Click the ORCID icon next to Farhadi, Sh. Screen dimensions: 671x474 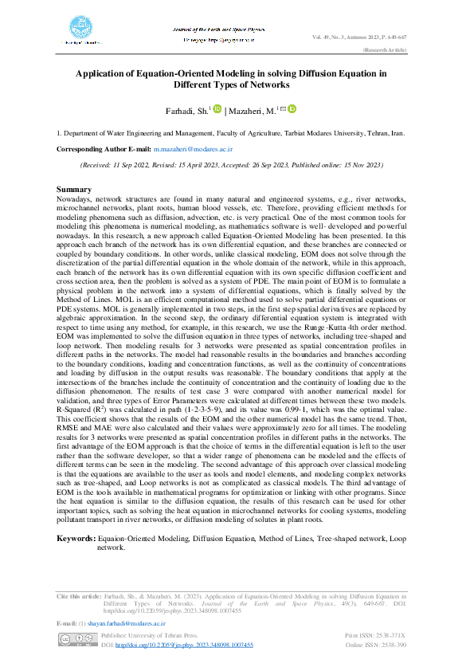tap(217, 109)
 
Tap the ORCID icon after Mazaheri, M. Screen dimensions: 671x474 tap(292, 109)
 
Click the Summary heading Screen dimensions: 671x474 tap(75, 189)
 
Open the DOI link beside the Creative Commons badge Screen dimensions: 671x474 tap(184, 644)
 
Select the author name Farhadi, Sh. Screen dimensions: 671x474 tap(183, 111)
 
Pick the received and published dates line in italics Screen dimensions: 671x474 tap(232, 165)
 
